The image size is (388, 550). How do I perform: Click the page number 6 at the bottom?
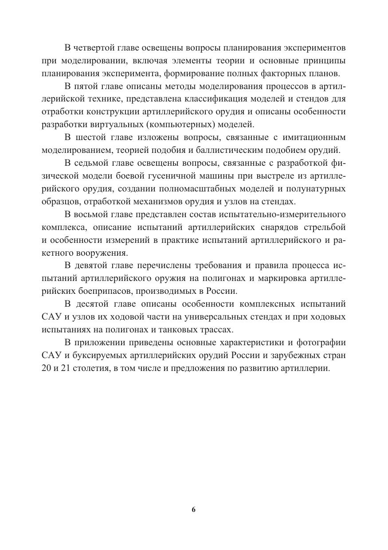point(194,509)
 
